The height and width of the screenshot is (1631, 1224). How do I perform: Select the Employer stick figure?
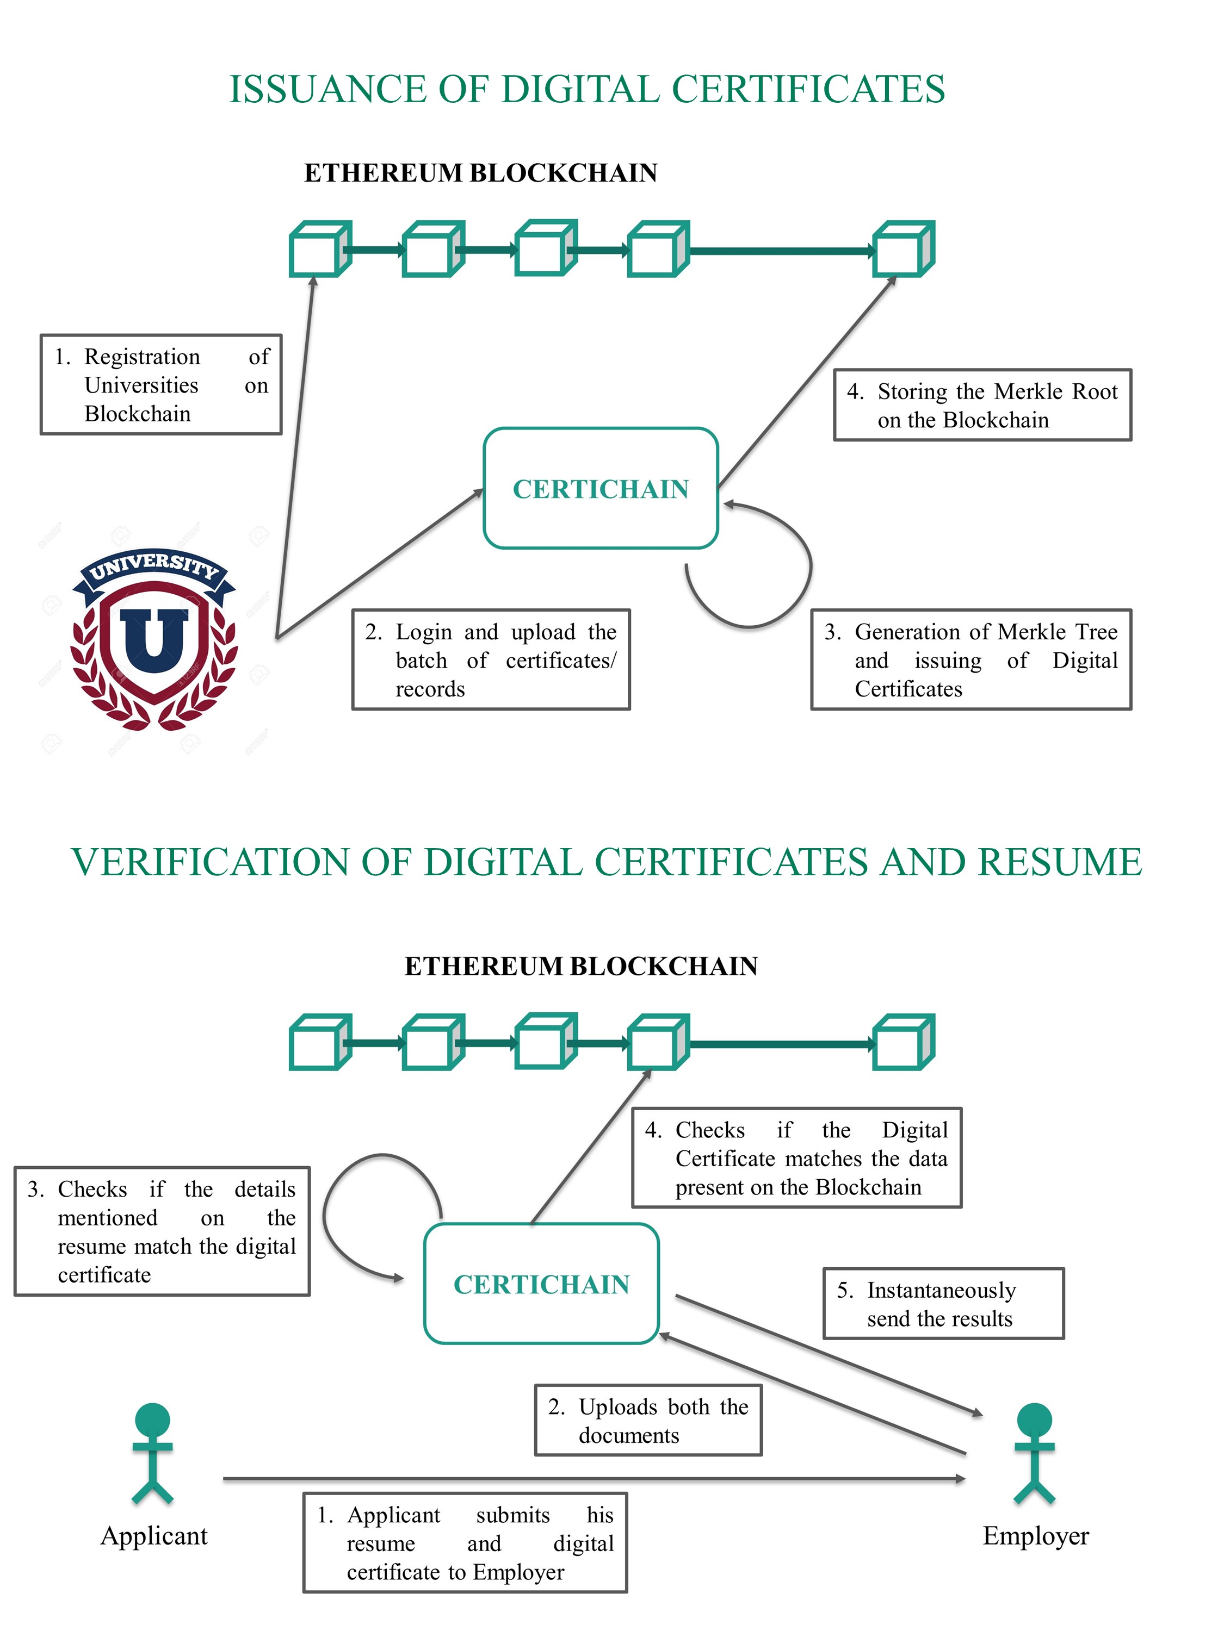[x=1034, y=1453]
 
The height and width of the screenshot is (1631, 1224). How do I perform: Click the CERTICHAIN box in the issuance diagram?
[x=601, y=488]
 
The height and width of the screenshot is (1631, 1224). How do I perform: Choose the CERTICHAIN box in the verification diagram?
[x=541, y=1284]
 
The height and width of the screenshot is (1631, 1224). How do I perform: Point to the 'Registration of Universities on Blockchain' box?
[x=161, y=384]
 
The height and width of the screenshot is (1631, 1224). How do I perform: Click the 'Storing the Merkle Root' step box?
[x=982, y=405]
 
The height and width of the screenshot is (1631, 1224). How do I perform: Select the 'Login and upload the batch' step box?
[x=491, y=660]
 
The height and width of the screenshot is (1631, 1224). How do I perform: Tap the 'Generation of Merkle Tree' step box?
[x=971, y=660]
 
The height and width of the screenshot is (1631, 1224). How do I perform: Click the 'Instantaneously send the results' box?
[x=943, y=1304]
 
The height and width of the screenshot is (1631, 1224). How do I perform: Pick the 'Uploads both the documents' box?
[x=648, y=1420]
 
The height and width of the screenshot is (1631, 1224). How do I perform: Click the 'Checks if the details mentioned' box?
[x=162, y=1231]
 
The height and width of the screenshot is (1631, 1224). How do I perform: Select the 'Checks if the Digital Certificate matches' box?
[x=797, y=1157]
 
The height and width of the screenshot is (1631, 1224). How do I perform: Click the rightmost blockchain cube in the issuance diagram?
[x=903, y=249]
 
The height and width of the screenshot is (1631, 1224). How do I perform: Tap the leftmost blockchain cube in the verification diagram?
[x=319, y=1042]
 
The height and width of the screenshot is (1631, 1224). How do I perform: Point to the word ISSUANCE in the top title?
[x=325, y=89]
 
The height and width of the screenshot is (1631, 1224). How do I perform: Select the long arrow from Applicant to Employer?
[x=590, y=1478]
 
